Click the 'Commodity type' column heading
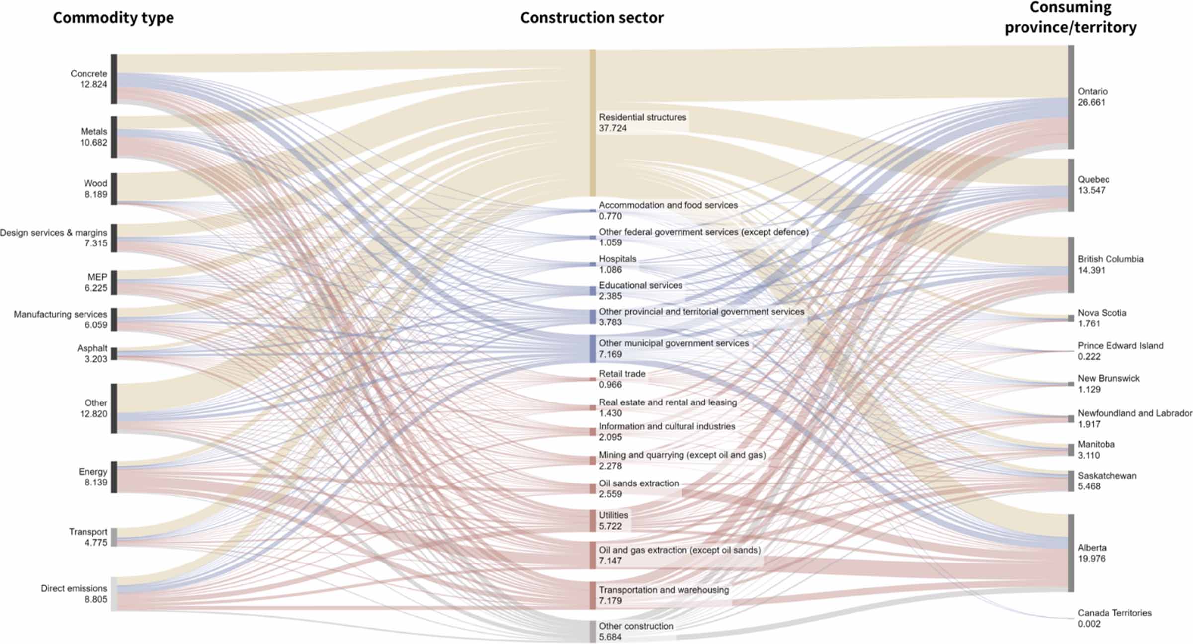pyautogui.click(x=113, y=18)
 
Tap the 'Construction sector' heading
pyautogui.click(x=592, y=18)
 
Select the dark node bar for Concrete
pyautogui.click(x=114, y=79)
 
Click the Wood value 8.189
pyautogui.click(x=95, y=194)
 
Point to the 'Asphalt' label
pyautogui.click(x=92, y=348)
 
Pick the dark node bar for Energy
pyautogui.click(x=114, y=477)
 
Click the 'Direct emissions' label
pyautogui.click(x=74, y=588)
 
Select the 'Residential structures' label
pyautogui.click(x=642, y=117)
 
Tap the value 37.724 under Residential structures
pyautogui.click(x=613, y=128)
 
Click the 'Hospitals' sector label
pyautogui.click(x=617, y=259)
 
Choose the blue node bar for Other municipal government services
pyautogui.click(x=592, y=349)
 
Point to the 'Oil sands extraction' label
pyautogui.click(x=639, y=483)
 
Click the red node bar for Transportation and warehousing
pyautogui.click(x=592, y=595)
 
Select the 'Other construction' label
pyautogui.click(x=636, y=626)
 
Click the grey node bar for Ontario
pyautogui.click(x=1071, y=97)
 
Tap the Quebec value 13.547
pyautogui.click(x=1091, y=191)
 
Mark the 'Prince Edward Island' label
pyautogui.click(x=1120, y=345)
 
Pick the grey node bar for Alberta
pyautogui.click(x=1071, y=553)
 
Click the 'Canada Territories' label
pyautogui.click(x=1114, y=613)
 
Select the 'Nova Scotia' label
pyautogui.click(x=1102, y=313)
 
